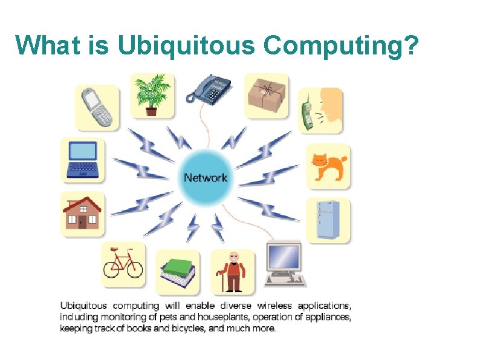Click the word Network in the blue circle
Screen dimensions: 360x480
(x=206, y=177)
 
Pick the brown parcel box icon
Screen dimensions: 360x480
(x=267, y=94)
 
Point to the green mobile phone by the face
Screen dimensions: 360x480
(x=307, y=113)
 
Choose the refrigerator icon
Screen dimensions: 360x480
(x=328, y=219)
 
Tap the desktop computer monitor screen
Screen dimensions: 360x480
(x=284, y=258)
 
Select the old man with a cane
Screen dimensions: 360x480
(x=233, y=272)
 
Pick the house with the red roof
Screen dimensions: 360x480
(x=82, y=212)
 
